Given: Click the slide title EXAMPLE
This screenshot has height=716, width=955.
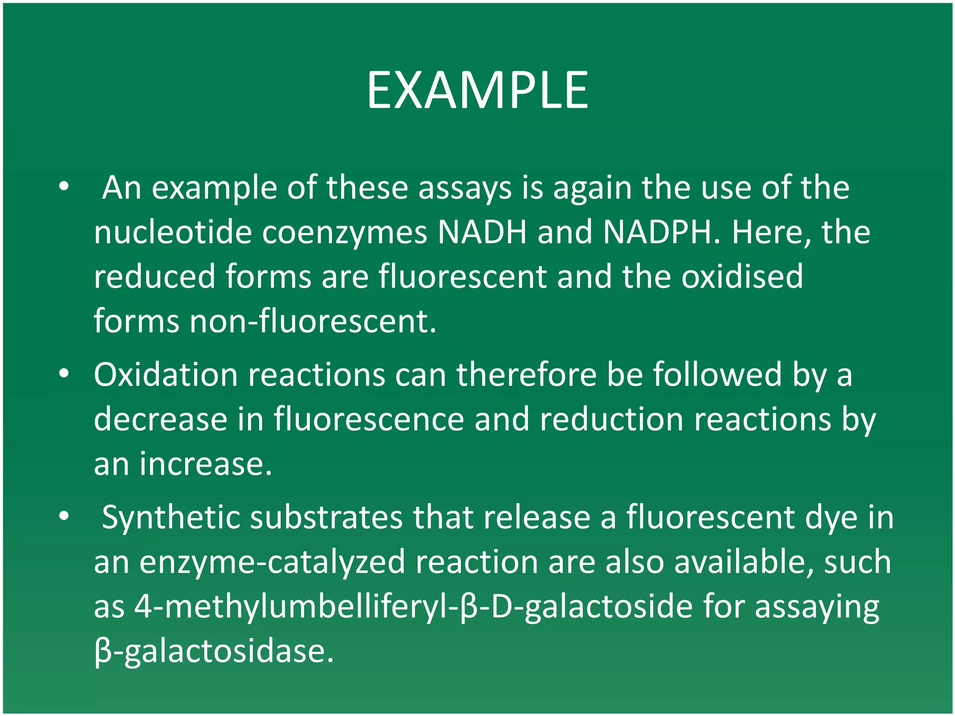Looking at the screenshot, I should coord(477,90).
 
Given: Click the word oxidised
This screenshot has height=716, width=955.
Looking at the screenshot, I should coord(742,276).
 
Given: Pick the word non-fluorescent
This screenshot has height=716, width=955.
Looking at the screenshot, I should coord(313,321).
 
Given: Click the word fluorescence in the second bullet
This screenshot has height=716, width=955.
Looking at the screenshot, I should coord(369,419).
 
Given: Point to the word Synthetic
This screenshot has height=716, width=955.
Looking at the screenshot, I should coord(171,517).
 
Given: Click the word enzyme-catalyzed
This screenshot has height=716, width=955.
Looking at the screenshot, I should coord(272,562).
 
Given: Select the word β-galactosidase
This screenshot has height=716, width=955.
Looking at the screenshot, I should coord(214,651).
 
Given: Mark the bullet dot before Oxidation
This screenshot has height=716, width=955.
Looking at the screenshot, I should coord(64,374).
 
